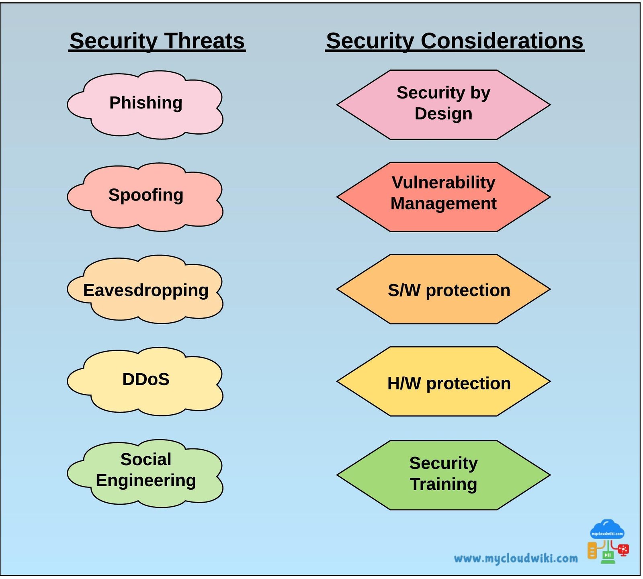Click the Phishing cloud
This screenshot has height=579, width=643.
coord(145,105)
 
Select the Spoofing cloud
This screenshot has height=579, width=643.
coord(145,197)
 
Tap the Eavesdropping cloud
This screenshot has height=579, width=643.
coord(145,289)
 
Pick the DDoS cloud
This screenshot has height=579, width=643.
coord(145,381)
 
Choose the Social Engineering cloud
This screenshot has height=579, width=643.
coord(145,473)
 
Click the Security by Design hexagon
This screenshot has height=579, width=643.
coord(443,105)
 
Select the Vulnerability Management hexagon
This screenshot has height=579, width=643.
coord(443,197)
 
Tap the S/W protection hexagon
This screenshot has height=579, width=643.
coord(443,289)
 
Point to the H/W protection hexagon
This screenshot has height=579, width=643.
coord(443,381)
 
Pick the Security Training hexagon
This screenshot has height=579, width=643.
coord(443,475)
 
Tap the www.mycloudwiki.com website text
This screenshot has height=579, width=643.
coord(516,558)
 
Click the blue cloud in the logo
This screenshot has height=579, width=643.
coord(607,529)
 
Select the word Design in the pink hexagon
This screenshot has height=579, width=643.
coord(443,114)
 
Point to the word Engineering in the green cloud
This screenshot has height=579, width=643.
coord(146,481)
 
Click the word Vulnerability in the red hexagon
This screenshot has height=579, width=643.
coord(443,182)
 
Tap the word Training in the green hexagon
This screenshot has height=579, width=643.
coord(443,484)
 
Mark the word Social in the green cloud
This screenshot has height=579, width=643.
coord(146,459)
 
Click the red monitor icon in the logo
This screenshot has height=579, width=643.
coord(623,550)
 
